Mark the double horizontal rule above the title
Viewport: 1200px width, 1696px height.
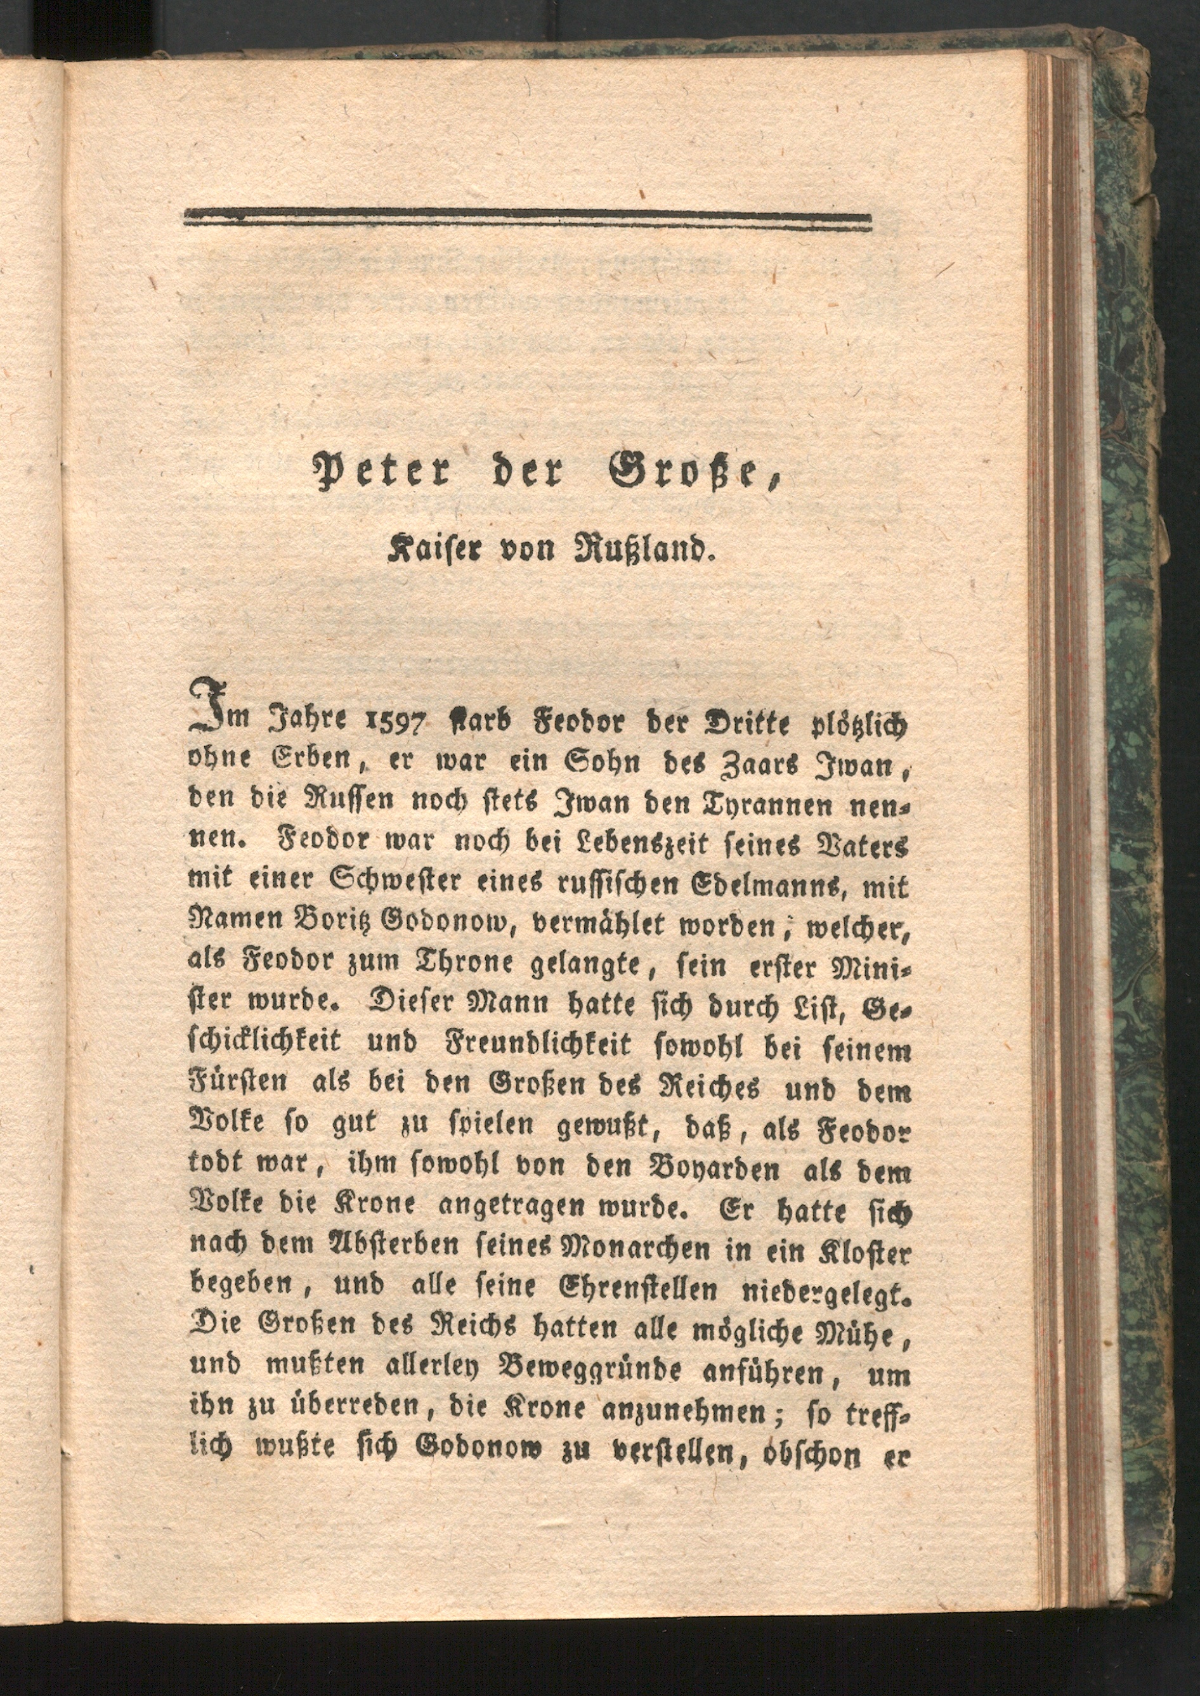coord(527,219)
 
